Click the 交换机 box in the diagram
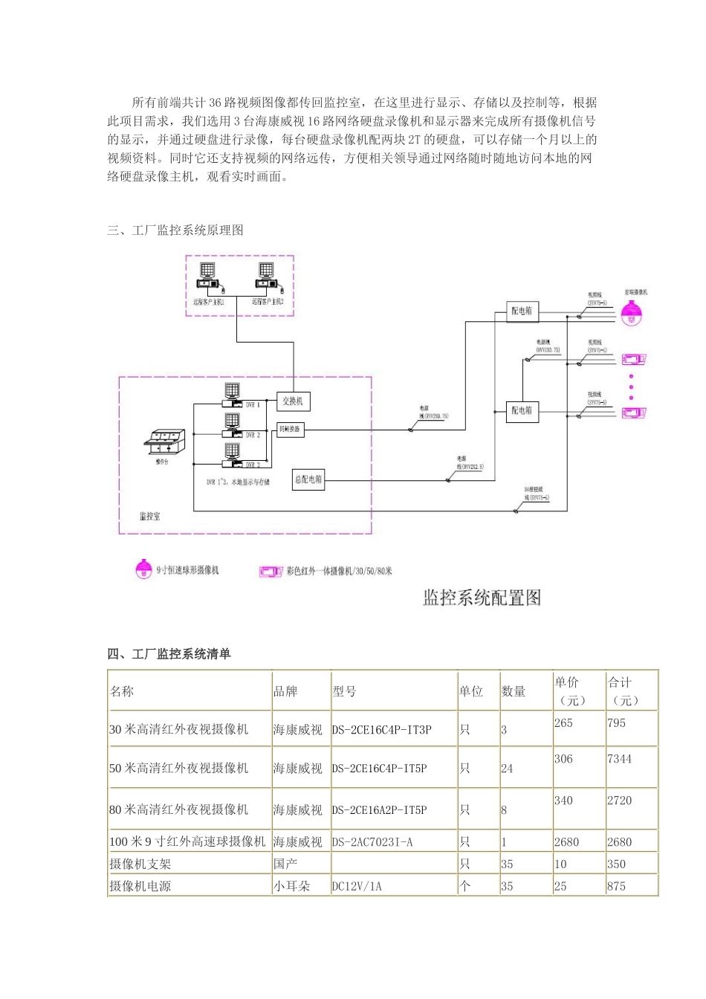click(291, 401)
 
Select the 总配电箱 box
click(308, 479)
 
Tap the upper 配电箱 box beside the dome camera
click(522, 311)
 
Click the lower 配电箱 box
click(522, 410)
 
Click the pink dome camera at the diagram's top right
click(632, 314)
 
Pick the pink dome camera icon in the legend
click(143, 569)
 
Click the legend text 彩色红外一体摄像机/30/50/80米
click(339, 571)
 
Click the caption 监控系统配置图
click(482, 598)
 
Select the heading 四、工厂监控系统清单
click(169, 654)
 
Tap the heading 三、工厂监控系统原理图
click(175, 230)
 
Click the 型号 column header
click(344, 691)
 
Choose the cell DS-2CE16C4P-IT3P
click(381, 730)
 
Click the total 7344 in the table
click(619, 759)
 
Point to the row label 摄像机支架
click(140, 864)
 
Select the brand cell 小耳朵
click(291, 886)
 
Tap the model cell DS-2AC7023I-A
click(372, 842)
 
